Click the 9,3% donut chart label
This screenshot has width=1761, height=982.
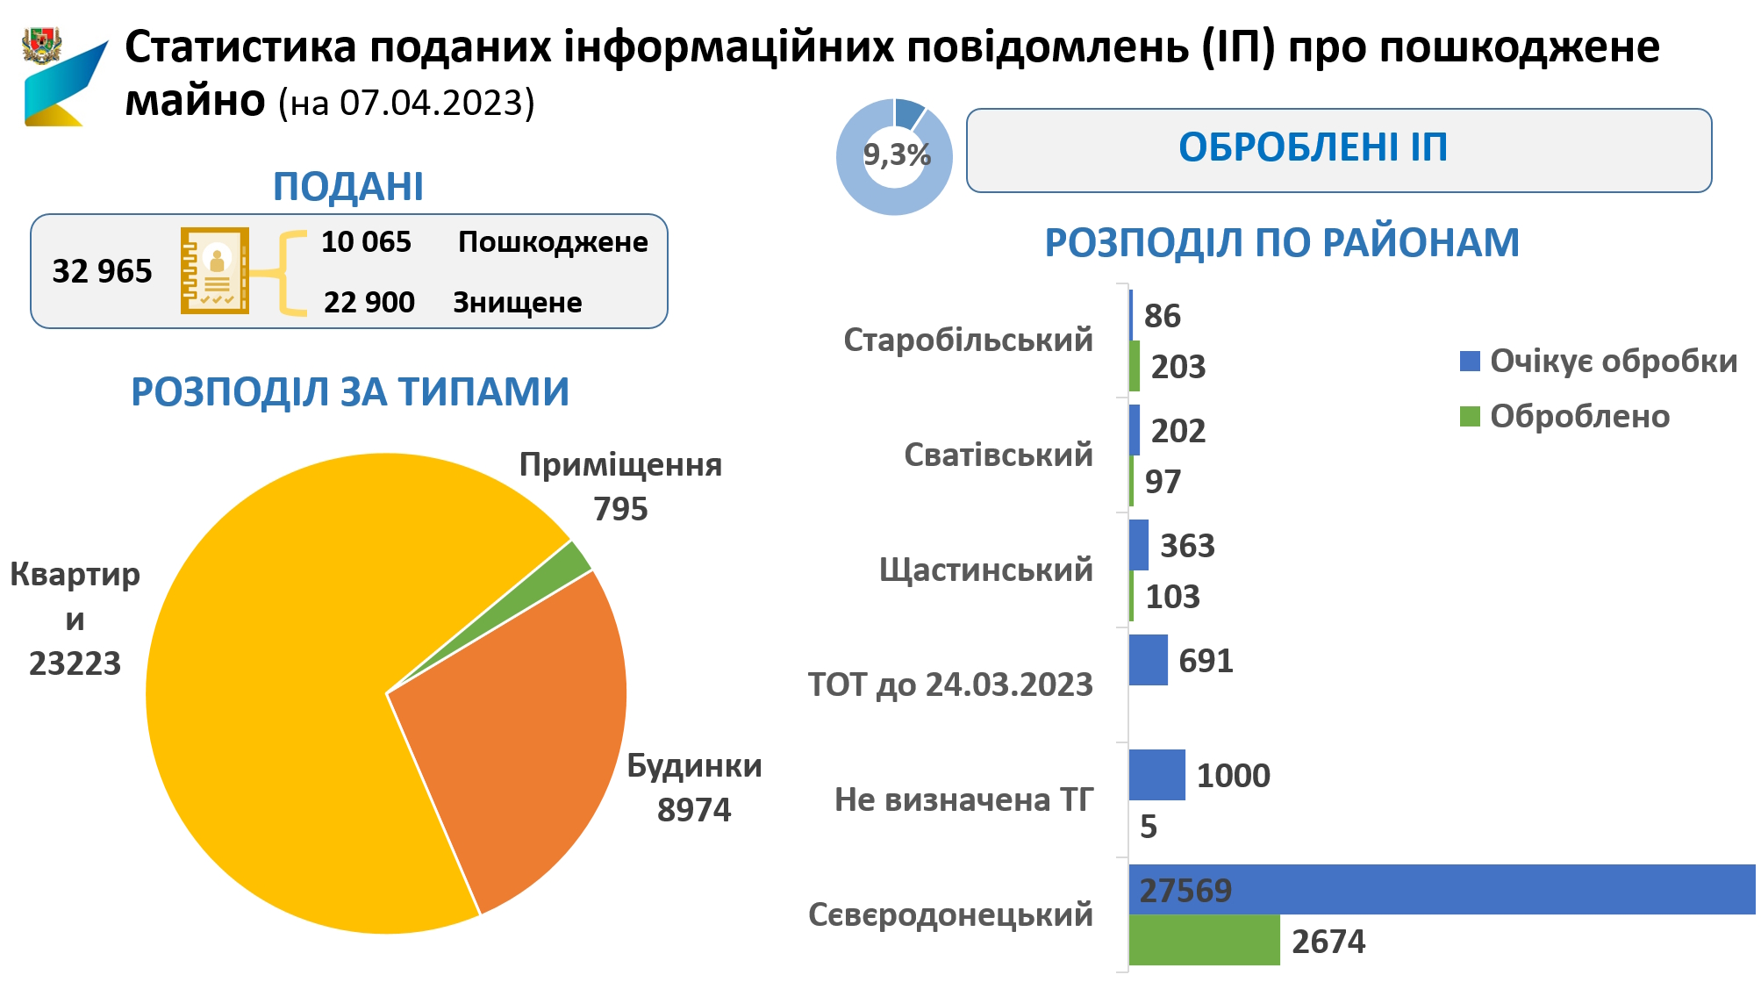pyautogui.click(x=896, y=155)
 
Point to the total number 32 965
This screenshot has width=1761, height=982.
pyautogui.click(x=102, y=272)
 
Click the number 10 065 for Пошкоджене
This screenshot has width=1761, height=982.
pyautogui.click(x=366, y=242)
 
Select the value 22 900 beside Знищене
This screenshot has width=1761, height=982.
pyautogui.click(x=369, y=303)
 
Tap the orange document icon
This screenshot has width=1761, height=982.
pyautogui.click(x=215, y=270)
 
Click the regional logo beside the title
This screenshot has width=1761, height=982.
pyautogui.click(x=61, y=77)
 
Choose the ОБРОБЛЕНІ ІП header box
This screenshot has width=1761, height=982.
pyautogui.click(x=1338, y=149)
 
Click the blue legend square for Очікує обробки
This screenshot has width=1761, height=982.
pyautogui.click(x=1470, y=361)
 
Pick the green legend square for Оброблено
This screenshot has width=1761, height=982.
pyautogui.click(x=1470, y=416)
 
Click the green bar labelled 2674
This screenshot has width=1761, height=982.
pyautogui.click(x=1204, y=940)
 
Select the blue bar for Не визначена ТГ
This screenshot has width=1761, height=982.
pyautogui.click(x=1156, y=775)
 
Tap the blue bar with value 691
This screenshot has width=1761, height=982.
pyautogui.click(x=1148, y=660)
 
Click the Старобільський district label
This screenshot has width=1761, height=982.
pyautogui.click(x=968, y=340)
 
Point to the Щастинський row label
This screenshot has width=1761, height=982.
pyautogui.click(x=985, y=570)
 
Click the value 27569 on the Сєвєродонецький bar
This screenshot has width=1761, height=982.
pyautogui.click(x=1185, y=891)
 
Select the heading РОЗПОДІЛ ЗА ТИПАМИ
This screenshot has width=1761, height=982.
pyautogui.click(x=350, y=392)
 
